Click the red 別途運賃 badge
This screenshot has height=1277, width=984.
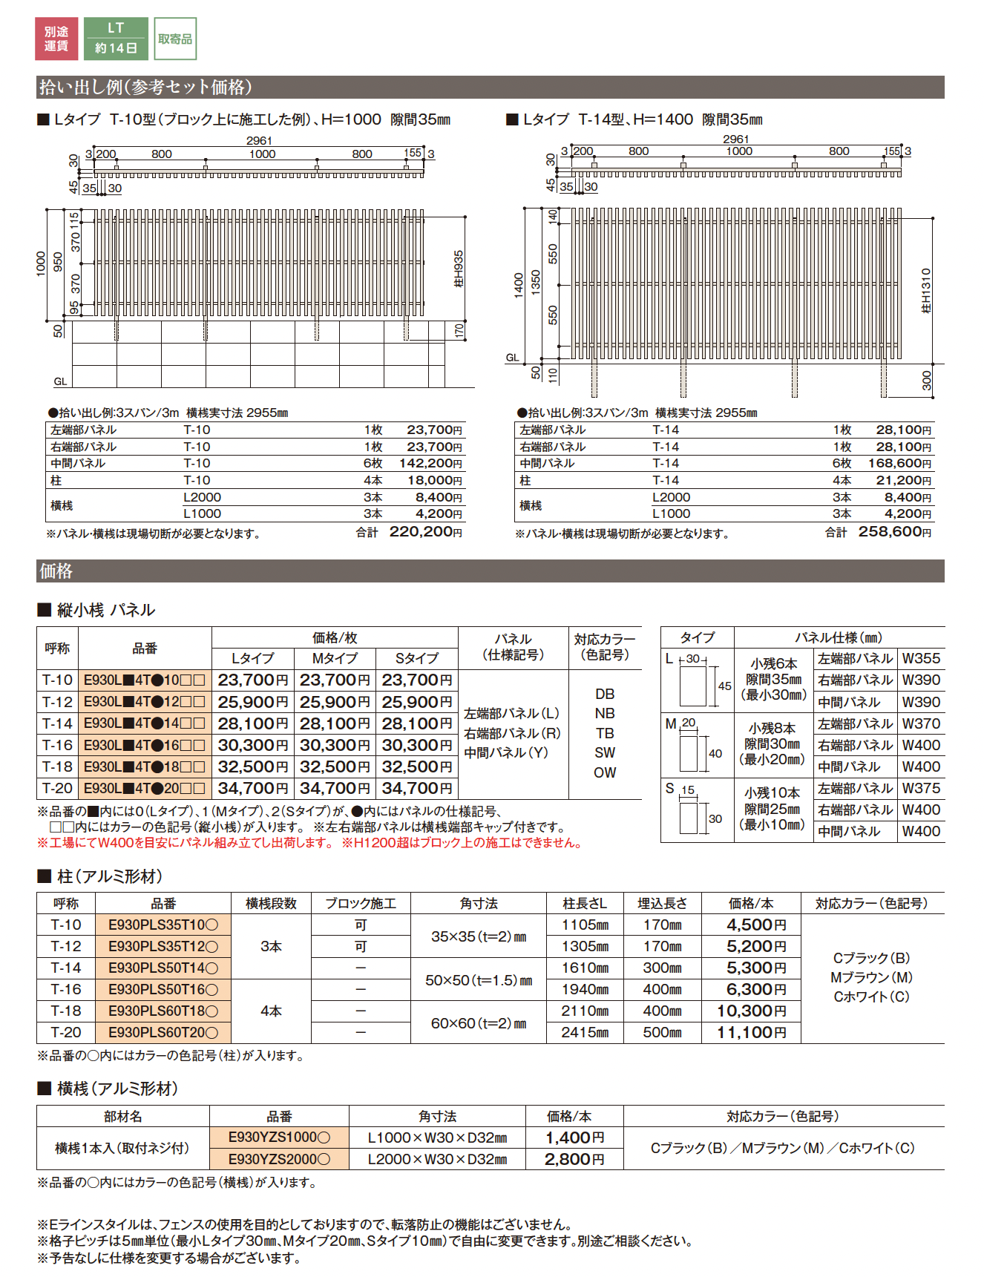click(x=56, y=39)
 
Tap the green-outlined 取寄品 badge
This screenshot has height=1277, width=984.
click(x=175, y=39)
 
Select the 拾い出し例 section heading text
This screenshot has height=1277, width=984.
click(x=145, y=87)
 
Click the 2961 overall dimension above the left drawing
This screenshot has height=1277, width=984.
click(x=259, y=140)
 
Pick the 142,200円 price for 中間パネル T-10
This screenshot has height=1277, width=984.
click(x=430, y=464)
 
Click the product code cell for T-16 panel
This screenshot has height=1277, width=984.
click(x=145, y=745)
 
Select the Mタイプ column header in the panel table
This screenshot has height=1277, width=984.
click(x=335, y=658)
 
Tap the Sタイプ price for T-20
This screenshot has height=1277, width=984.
click(x=416, y=788)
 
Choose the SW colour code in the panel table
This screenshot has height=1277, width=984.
click(x=605, y=752)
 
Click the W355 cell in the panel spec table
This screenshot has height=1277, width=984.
click(x=921, y=658)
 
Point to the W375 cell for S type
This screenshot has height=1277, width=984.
click(x=921, y=788)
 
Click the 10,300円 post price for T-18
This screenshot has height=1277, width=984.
click(x=751, y=1011)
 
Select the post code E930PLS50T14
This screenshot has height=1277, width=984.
click(x=163, y=968)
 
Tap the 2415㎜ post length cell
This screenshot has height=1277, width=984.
click(x=585, y=1032)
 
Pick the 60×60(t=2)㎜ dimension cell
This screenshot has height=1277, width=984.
click(x=479, y=1023)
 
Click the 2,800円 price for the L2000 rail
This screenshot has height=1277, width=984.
click(x=574, y=1159)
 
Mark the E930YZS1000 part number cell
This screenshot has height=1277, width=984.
click(x=279, y=1138)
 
